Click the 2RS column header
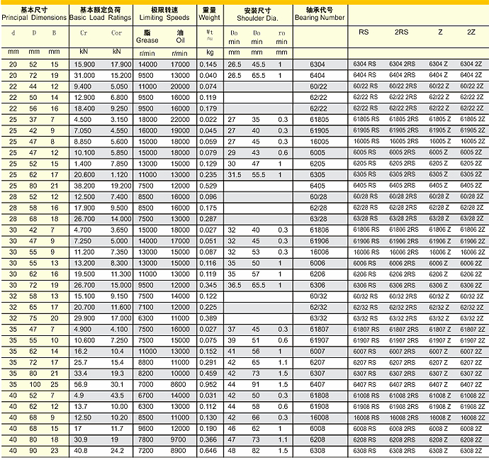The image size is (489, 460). pyautogui.click(x=401, y=33)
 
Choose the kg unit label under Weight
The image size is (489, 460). pyautogui.click(x=210, y=52)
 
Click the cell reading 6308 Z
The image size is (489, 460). pyautogui.click(x=437, y=450)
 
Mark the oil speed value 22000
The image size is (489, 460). pyautogui.click(x=181, y=120)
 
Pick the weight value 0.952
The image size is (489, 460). pyautogui.click(x=209, y=384)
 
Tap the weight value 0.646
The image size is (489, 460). pyautogui.click(x=209, y=450)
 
